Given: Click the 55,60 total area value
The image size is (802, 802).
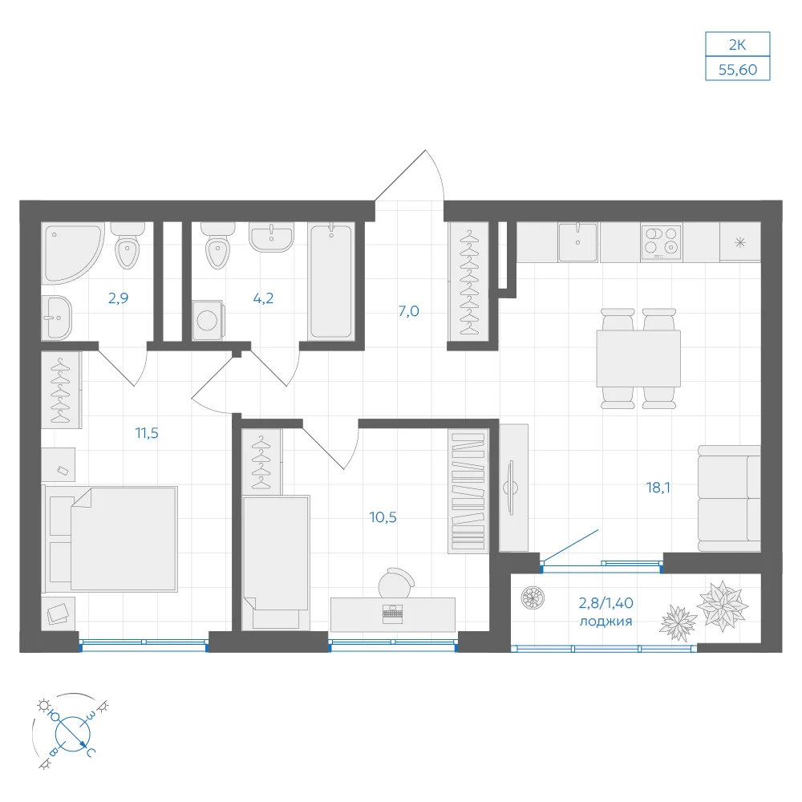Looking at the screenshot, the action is (x=738, y=70).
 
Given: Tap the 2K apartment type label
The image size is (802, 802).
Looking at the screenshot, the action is (x=738, y=45).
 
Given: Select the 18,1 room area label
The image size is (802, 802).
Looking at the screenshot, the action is (x=658, y=488).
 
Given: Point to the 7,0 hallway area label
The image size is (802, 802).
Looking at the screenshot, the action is (x=409, y=311).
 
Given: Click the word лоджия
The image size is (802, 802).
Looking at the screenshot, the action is (x=606, y=622).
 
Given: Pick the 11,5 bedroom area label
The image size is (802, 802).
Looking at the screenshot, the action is (x=147, y=433).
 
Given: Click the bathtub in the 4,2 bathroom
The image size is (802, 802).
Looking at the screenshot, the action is (x=331, y=281).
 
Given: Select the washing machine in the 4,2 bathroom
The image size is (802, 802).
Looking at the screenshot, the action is (x=208, y=320).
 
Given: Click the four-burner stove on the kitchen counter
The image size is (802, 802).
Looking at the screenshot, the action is (x=662, y=242).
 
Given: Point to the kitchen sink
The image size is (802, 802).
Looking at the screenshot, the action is (x=577, y=242).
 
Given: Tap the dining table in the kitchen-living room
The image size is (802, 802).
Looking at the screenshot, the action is (x=638, y=358).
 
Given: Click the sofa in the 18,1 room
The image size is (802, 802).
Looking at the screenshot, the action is (x=729, y=499).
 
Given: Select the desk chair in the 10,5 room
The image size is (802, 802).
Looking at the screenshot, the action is (x=396, y=582).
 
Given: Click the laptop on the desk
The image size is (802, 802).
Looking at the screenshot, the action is (x=392, y=614).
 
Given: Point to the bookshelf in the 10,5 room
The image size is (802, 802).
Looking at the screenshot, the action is (x=468, y=491).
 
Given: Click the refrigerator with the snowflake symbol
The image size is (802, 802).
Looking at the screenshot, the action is (x=740, y=242).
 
